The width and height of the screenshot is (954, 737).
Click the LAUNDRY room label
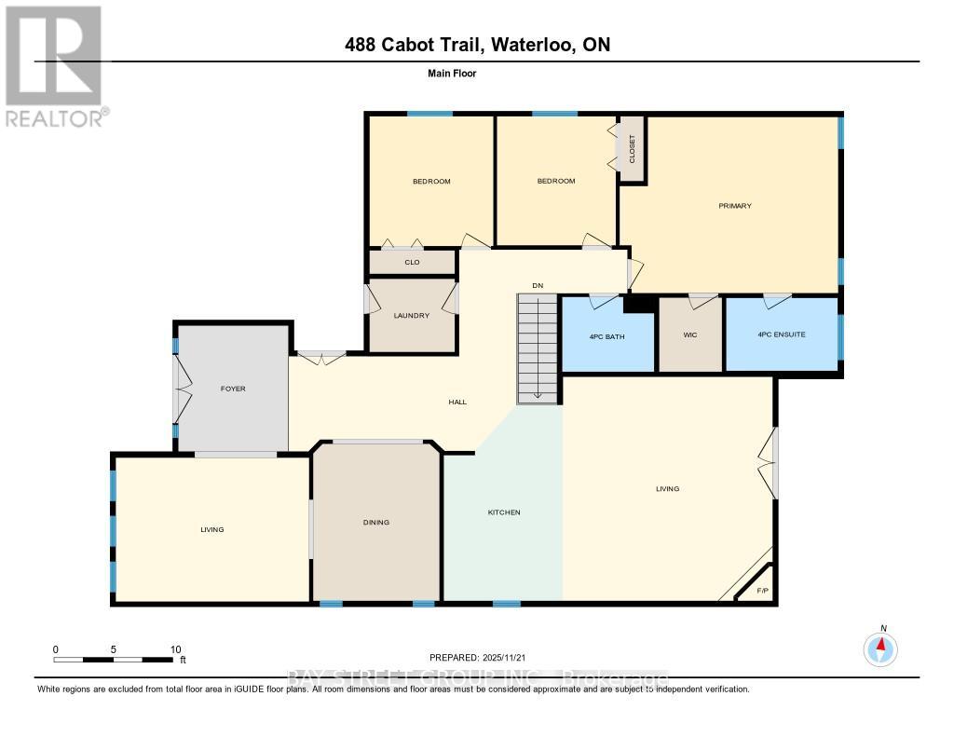[x=411, y=316]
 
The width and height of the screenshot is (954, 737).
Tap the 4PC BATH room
[x=608, y=335]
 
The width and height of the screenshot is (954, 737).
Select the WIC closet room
[x=690, y=335]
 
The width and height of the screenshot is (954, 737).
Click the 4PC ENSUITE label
[x=781, y=334]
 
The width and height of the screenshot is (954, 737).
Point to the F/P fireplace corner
[x=762, y=591]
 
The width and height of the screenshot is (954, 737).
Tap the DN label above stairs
[x=538, y=285]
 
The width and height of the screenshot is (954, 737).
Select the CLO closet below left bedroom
[x=412, y=263]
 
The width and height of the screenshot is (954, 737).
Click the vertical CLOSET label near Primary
[x=632, y=149]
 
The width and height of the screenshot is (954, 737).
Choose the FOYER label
[x=233, y=389]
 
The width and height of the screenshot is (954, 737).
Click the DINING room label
[x=375, y=523]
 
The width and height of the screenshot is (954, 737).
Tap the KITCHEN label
[x=504, y=513]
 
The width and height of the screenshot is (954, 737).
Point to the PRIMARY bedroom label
[x=734, y=206]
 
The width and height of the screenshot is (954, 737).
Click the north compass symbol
[x=881, y=648]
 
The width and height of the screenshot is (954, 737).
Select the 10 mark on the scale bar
[x=175, y=649]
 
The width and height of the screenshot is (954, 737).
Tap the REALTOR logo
[x=53, y=65]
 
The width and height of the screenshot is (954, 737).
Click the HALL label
[x=457, y=402]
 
